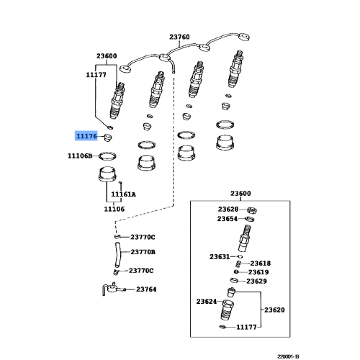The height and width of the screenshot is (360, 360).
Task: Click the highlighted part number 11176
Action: coord(86,136)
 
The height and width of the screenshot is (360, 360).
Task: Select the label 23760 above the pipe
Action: coord(179,37)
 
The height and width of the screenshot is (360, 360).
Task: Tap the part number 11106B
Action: coord(80,156)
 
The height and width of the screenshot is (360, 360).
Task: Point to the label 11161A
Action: coord(123,194)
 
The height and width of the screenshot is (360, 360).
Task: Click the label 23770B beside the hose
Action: coord(143,252)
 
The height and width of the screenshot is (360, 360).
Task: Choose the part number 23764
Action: coord(146,289)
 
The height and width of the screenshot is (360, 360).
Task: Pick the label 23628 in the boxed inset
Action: coord(228,210)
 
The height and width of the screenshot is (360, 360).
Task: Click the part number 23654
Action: coord(228,219)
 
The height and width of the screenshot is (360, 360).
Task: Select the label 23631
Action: coord(220,257)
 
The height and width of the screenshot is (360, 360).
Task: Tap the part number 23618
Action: coord(261,264)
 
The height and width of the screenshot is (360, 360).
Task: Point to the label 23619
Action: coord(258,272)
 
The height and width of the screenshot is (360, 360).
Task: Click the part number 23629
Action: coord(256,281)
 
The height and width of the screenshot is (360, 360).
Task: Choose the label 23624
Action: coord(207,302)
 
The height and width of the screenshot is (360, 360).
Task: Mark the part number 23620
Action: coord(274,310)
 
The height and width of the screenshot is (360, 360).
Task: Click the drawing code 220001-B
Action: coord(288,356)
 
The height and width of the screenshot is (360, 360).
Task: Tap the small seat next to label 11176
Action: coord(107,138)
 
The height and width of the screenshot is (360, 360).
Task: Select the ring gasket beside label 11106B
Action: coord(107,156)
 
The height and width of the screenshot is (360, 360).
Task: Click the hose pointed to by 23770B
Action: coord(117,255)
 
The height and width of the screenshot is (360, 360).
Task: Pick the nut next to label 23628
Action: coord(252,210)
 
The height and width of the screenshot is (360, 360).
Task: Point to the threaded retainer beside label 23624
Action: coord(228,310)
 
